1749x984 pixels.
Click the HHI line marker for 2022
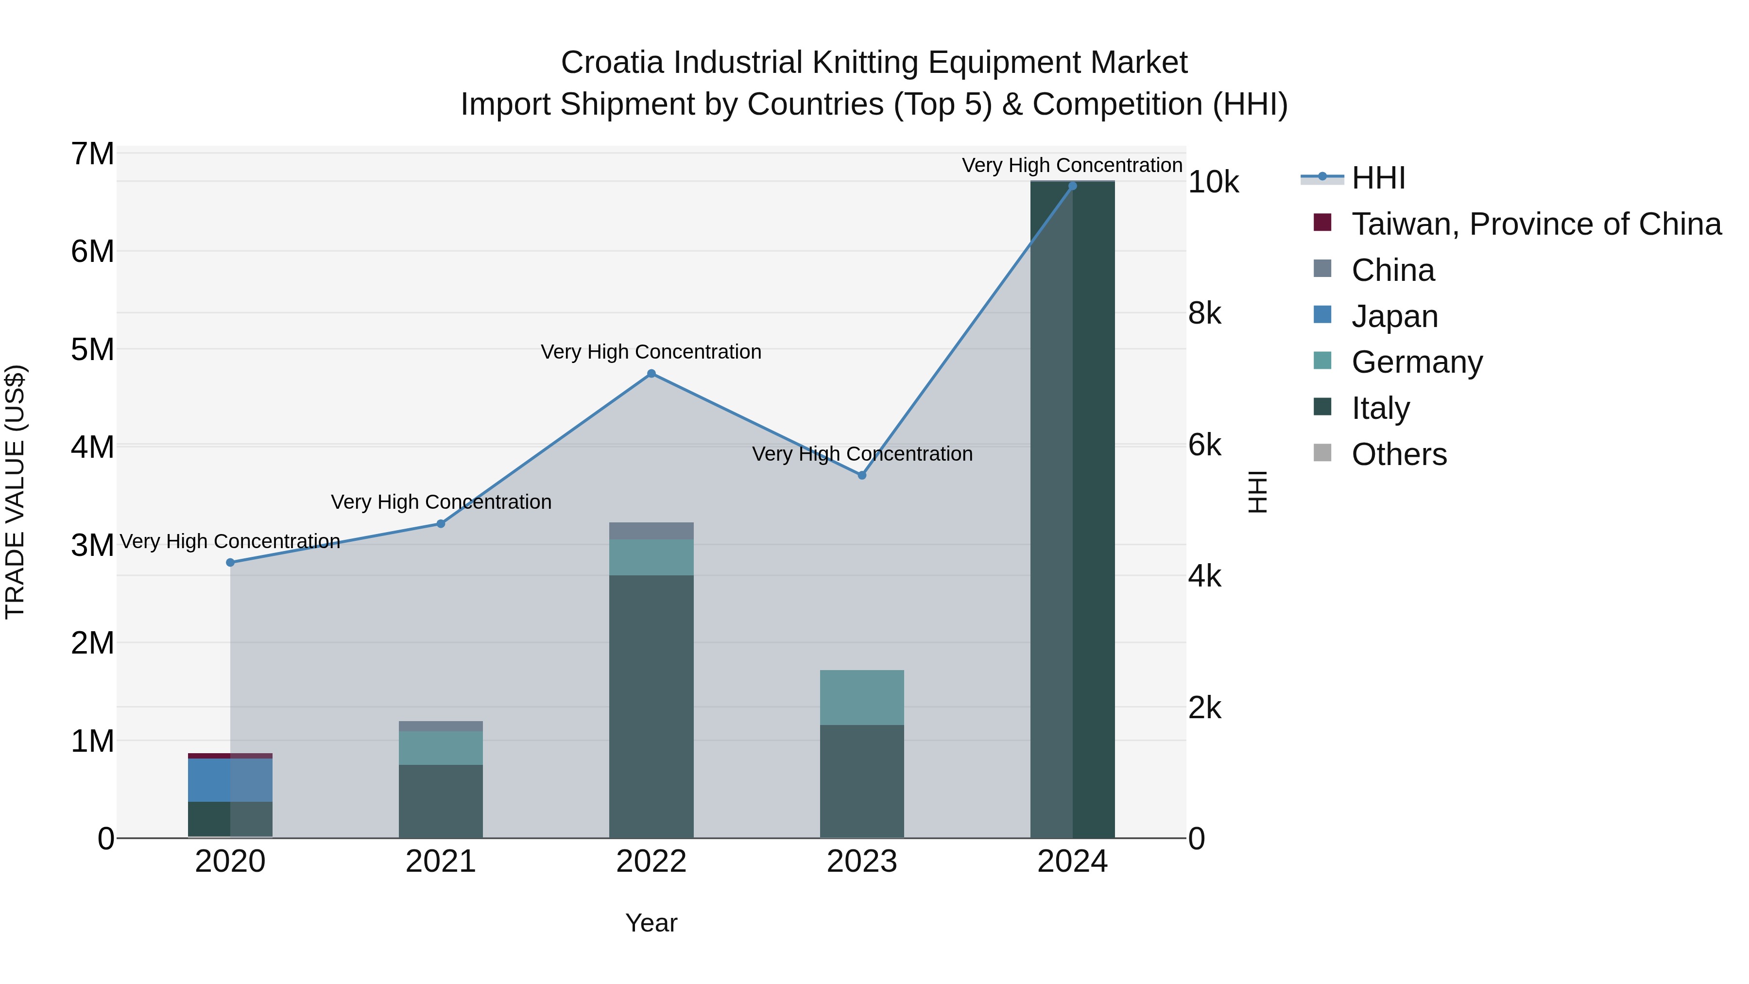click(x=651, y=374)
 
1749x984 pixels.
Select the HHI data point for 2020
click(x=230, y=562)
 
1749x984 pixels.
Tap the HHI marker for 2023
click(x=861, y=475)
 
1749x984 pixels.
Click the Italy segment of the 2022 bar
click(x=651, y=706)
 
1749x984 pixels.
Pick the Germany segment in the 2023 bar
click(x=861, y=697)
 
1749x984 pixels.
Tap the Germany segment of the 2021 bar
click(x=441, y=748)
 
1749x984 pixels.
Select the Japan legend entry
click(x=1394, y=316)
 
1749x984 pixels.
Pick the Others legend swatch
click(x=1322, y=453)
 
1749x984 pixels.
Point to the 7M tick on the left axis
click(x=93, y=154)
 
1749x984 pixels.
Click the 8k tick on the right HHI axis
click(x=1204, y=314)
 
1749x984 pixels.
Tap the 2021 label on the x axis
click(x=441, y=862)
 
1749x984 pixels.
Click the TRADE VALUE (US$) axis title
click(x=16, y=492)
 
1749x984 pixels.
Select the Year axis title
click(x=651, y=923)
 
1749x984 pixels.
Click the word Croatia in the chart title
click(x=612, y=63)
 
